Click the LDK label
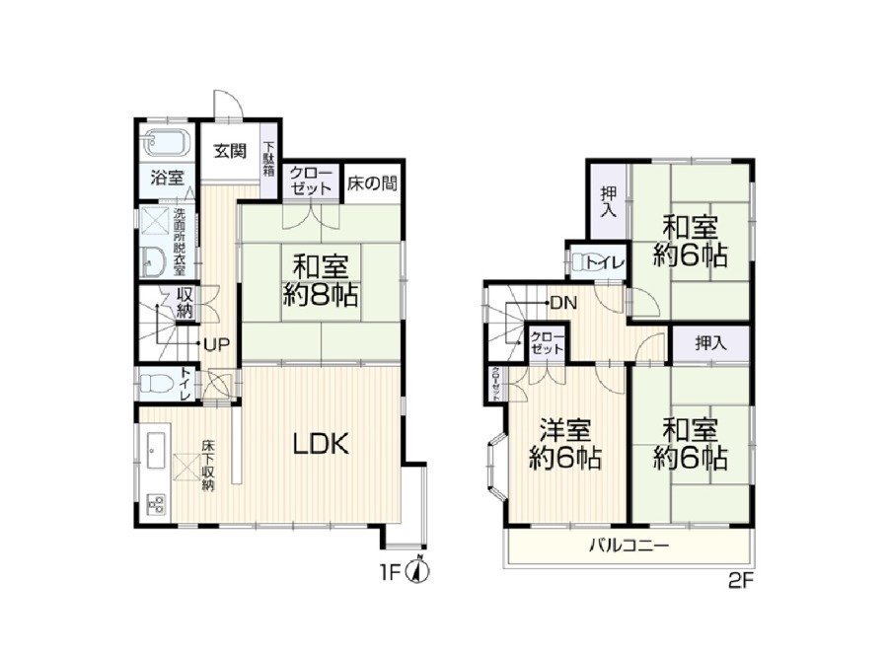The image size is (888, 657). (x=321, y=444)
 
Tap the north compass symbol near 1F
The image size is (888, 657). (x=418, y=571)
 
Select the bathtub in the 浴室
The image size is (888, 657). (x=166, y=143)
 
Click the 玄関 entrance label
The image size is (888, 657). (x=229, y=151)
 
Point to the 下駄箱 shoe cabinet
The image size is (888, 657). (x=269, y=160)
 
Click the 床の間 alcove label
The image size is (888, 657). (x=372, y=183)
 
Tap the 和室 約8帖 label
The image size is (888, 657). (x=320, y=280)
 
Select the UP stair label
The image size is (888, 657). (x=215, y=344)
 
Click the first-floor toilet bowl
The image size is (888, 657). (x=156, y=384)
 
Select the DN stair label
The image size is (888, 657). (x=563, y=304)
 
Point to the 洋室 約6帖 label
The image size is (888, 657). (x=564, y=444)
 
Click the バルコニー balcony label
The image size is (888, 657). (x=629, y=546)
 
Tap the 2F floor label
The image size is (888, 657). (x=741, y=582)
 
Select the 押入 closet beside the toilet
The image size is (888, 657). (x=608, y=201)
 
